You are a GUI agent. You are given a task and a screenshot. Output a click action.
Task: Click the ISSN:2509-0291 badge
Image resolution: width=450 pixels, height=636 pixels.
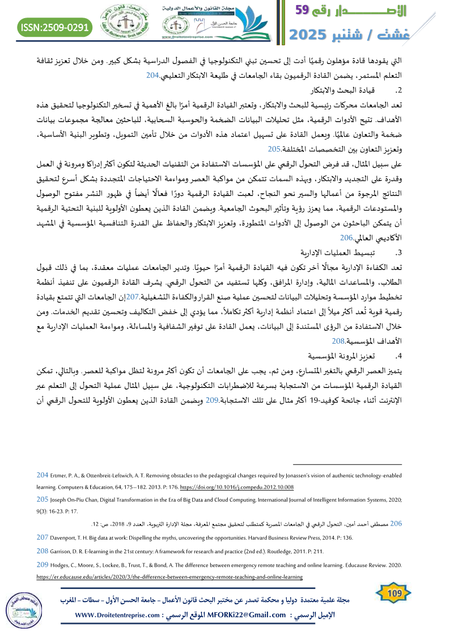(56, 26)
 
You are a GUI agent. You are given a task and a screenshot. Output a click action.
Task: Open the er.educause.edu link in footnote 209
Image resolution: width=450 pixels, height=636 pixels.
(169, 577)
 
